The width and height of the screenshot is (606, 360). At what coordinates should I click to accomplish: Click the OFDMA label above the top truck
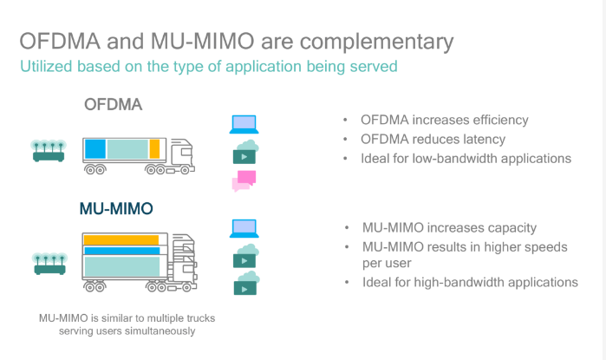point(114,104)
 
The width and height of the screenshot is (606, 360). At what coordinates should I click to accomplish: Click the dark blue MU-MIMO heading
point(116,209)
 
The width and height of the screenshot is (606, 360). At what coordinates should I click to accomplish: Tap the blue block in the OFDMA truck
point(95,149)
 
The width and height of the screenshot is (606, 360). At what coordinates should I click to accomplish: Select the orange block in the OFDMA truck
point(154,149)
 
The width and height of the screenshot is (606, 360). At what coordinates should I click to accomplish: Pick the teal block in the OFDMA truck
point(127,149)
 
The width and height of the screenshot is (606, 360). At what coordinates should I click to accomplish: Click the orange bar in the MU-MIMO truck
point(121,239)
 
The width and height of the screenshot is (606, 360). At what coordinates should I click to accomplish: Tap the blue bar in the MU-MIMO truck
point(122,251)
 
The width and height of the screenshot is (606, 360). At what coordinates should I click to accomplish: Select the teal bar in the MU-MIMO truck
point(122,266)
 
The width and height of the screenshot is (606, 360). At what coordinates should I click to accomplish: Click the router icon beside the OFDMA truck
point(49,151)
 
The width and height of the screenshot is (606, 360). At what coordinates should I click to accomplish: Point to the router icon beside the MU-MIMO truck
point(50,264)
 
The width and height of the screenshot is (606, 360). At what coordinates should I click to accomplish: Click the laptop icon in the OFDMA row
point(244,125)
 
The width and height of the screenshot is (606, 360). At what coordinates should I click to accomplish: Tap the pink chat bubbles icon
point(244,181)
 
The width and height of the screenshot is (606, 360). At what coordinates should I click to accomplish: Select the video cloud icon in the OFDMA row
point(245,152)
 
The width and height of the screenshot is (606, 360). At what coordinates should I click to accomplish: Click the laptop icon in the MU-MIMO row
point(244,228)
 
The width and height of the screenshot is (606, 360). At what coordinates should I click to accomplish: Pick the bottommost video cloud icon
point(246,284)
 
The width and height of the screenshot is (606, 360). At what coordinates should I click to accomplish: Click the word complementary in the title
point(377,42)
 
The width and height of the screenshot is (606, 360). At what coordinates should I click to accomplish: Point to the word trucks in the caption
point(200,318)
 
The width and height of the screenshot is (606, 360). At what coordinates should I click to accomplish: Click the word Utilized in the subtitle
point(46,66)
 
